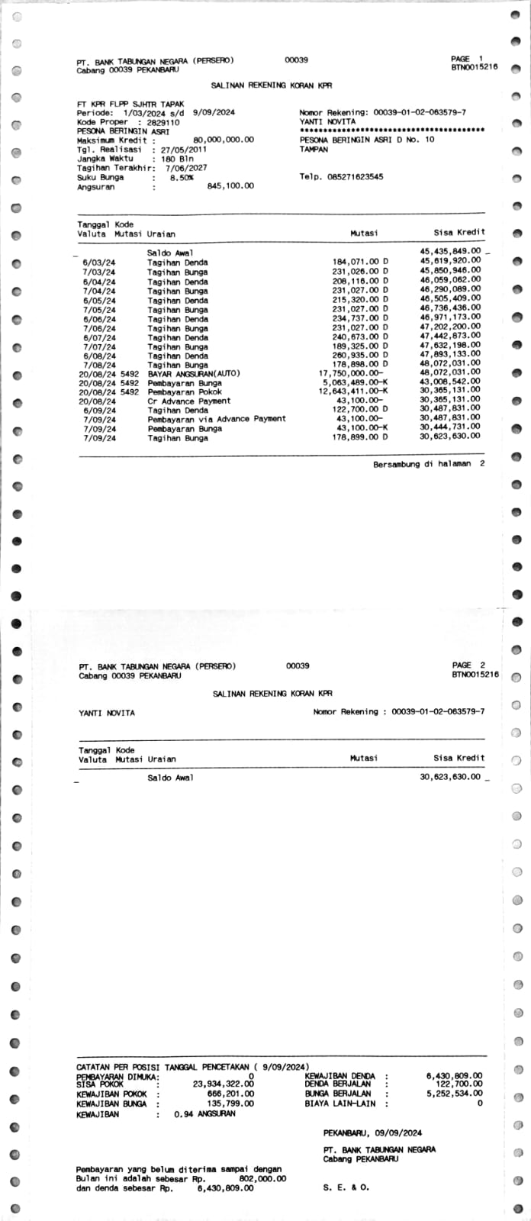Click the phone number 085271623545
353,177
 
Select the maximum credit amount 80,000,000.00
224,140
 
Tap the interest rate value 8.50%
182,177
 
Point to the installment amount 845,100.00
230,186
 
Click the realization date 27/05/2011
183,150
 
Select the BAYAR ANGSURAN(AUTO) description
194,374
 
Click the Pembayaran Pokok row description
185,392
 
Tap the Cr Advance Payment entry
188,401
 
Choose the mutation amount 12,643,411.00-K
353,392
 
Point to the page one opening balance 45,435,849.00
450,251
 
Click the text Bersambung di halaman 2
429,464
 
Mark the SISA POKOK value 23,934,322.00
224,1084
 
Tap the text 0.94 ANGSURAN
204,1114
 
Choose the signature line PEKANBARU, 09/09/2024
372,1133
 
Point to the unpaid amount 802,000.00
262,1179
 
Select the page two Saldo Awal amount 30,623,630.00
450,777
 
